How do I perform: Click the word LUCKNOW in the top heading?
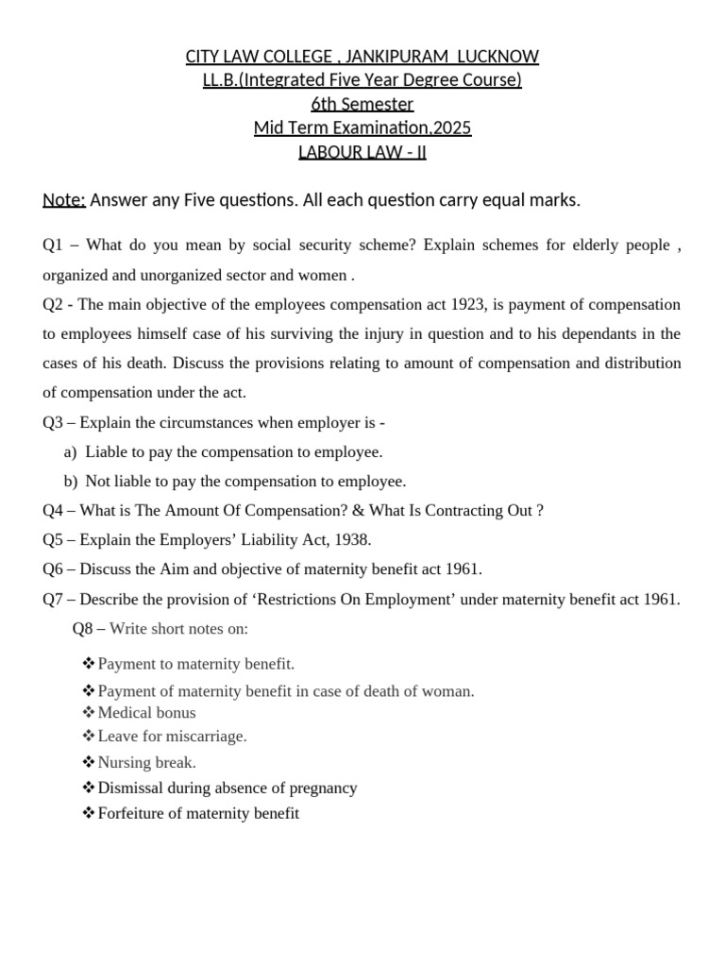(x=497, y=57)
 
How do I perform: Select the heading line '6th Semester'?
(x=362, y=104)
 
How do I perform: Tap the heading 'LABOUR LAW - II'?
(x=362, y=151)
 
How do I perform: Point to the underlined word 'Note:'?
(x=64, y=200)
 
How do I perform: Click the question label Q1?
(x=54, y=246)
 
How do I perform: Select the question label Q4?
(x=54, y=511)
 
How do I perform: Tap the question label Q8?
(x=84, y=629)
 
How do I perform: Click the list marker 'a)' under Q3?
(x=70, y=451)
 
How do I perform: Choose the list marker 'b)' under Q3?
(x=70, y=482)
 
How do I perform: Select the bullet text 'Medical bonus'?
(x=146, y=713)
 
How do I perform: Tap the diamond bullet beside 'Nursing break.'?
(x=89, y=762)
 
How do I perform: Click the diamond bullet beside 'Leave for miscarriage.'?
(x=89, y=736)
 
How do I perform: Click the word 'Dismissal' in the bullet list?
(x=129, y=788)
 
